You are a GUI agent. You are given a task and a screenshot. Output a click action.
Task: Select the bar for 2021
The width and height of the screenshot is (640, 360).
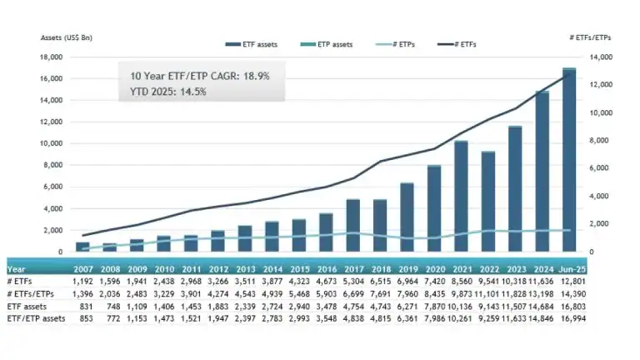pyautogui.click(x=461, y=197)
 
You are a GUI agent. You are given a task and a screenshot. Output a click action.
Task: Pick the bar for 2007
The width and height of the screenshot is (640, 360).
pyautogui.click(x=82, y=247)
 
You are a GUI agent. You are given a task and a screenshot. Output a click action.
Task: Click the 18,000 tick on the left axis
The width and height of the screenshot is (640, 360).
pyautogui.click(x=52, y=57)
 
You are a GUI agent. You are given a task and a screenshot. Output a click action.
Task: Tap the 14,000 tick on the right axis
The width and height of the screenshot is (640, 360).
pyautogui.click(x=602, y=57)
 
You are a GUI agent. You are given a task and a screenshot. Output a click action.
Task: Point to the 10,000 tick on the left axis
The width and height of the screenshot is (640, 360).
pyautogui.click(x=52, y=143)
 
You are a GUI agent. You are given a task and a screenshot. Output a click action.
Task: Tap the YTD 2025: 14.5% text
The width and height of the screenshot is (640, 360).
pyautogui.click(x=168, y=91)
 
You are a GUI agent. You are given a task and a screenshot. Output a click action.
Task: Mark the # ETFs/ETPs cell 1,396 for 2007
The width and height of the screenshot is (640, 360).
pyautogui.click(x=82, y=294)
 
